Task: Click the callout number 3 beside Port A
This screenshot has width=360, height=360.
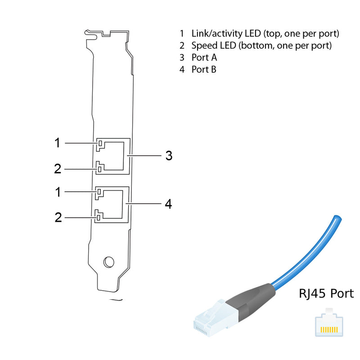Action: [x=168, y=156]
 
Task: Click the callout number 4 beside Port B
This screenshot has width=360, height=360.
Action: [x=168, y=204]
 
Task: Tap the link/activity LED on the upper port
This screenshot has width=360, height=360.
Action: [x=100, y=144]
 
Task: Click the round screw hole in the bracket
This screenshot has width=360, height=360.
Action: [x=108, y=261]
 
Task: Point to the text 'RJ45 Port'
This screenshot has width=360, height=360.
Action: [x=326, y=294]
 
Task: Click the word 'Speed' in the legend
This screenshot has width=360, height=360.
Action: [x=204, y=45]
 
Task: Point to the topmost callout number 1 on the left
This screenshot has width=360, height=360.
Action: [x=57, y=143]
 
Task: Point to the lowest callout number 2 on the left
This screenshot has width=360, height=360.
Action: [x=58, y=218]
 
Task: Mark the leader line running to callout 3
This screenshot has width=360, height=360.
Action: [x=144, y=156]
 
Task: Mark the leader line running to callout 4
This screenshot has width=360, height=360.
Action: [x=144, y=204]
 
